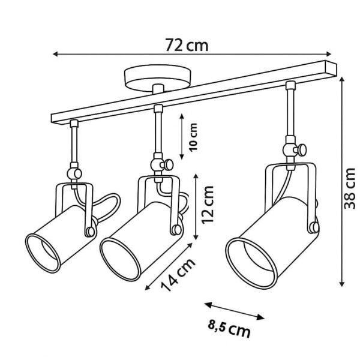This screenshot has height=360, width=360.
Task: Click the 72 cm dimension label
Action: coord(187,45)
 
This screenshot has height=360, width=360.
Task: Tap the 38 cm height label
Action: coord(349,188)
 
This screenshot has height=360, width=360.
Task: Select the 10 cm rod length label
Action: coord(193,137)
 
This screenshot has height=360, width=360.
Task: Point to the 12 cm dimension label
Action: coord(208,205)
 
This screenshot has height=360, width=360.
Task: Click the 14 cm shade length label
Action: coord(178,275)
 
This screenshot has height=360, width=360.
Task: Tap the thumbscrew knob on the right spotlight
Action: coord(301,149)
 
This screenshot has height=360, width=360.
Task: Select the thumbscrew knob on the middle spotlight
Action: coord(167,164)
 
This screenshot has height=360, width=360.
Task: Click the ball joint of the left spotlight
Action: coord(74,173)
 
